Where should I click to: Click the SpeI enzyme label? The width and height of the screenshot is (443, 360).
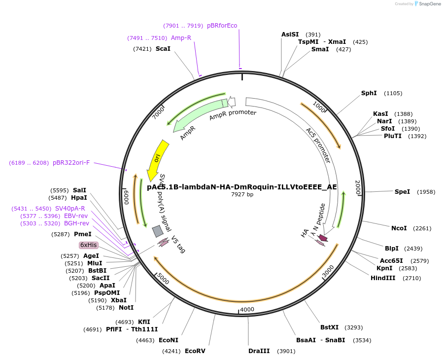point(402,191)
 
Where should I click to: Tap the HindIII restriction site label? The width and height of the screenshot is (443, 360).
point(383,278)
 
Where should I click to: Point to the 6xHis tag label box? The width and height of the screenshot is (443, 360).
point(89,245)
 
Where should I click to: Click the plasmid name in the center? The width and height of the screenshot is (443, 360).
point(242,187)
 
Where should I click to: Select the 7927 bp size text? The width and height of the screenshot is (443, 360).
point(242,195)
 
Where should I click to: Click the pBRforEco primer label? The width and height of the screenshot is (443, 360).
point(222,26)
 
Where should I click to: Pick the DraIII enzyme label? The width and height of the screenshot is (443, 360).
point(259,351)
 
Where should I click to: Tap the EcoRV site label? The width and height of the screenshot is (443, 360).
point(195,351)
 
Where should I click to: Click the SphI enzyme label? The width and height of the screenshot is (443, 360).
point(369,93)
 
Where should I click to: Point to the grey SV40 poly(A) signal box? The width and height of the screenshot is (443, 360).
point(158,231)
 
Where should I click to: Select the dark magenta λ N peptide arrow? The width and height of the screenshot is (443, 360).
point(323,238)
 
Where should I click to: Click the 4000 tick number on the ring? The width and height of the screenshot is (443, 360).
point(247,309)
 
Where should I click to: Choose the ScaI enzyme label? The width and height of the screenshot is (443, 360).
point(163,48)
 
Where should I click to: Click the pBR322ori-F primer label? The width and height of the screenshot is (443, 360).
point(71,163)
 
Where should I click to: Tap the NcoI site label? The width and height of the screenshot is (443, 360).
point(399,228)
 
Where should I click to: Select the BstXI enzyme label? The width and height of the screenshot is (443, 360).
point(330,327)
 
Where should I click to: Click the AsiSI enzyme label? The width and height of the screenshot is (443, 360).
point(290,35)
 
